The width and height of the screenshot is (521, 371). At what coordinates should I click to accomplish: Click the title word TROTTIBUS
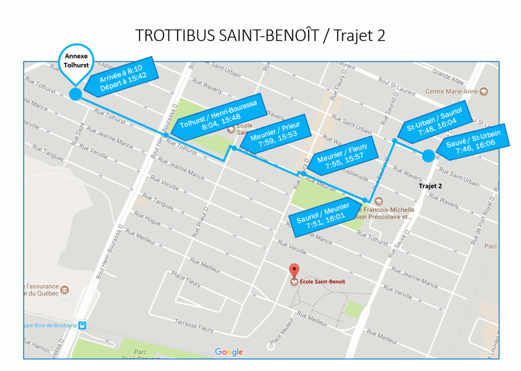[176, 35]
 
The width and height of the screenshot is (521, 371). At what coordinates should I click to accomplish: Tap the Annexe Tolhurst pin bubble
[74, 63]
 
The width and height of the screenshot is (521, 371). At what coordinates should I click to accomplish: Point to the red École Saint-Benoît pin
[295, 270]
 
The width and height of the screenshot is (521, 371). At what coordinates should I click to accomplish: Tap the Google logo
[229, 352]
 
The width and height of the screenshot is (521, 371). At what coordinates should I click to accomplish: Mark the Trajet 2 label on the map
[430, 186]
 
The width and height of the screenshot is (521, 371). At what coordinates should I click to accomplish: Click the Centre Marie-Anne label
[451, 91]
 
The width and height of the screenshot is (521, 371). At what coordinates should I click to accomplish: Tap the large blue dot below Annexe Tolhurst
[75, 94]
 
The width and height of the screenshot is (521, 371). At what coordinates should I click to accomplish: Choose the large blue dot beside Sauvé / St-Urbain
[428, 156]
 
